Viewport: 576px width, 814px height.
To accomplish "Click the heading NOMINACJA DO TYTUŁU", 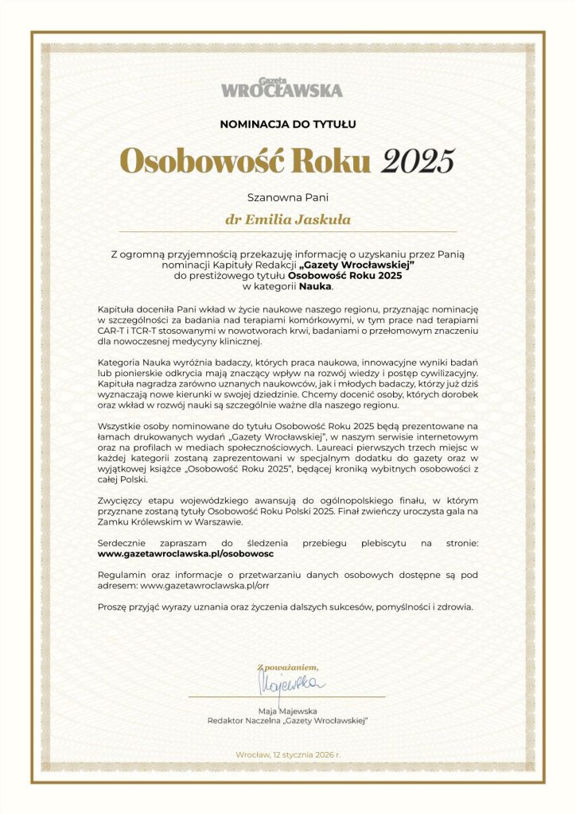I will coord(288,123).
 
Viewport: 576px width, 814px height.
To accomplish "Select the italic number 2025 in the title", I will coord(418,161).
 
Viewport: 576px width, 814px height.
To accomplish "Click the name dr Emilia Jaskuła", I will coord(288,217).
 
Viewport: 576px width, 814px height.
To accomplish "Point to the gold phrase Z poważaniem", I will coord(287,666).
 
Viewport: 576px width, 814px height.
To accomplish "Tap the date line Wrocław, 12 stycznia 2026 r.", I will coord(288,754).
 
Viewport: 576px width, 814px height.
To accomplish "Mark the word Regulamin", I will coord(121,573).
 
